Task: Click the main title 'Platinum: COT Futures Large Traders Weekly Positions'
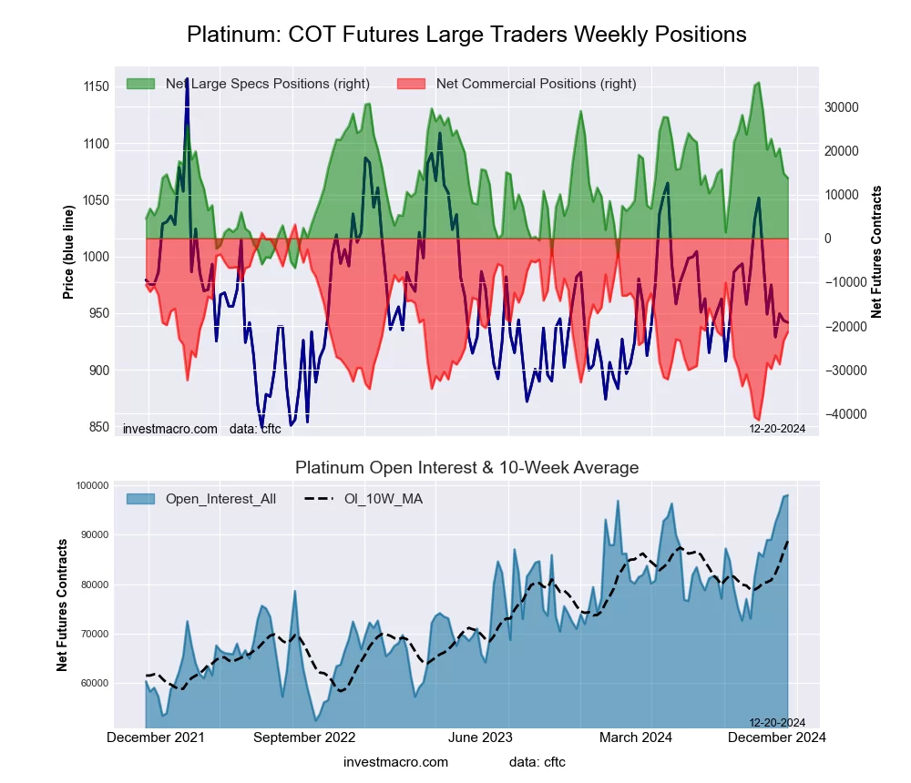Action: tap(466, 35)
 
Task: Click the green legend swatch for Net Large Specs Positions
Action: tap(141, 84)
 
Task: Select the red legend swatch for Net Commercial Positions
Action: tap(412, 84)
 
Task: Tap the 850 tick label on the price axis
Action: tap(94, 427)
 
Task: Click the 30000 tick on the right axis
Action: tap(841, 107)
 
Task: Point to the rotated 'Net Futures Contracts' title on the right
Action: tap(877, 251)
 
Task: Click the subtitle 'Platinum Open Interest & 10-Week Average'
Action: tap(466, 467)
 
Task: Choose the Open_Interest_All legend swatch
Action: tap(141, 498)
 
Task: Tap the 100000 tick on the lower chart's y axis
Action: tap(89, 485)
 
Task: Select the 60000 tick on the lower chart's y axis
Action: tap(91, 683)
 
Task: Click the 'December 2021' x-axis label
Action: tap(156, 737)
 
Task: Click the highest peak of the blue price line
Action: tap(187, 79)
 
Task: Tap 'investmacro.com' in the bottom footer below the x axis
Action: tap(395, 761)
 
